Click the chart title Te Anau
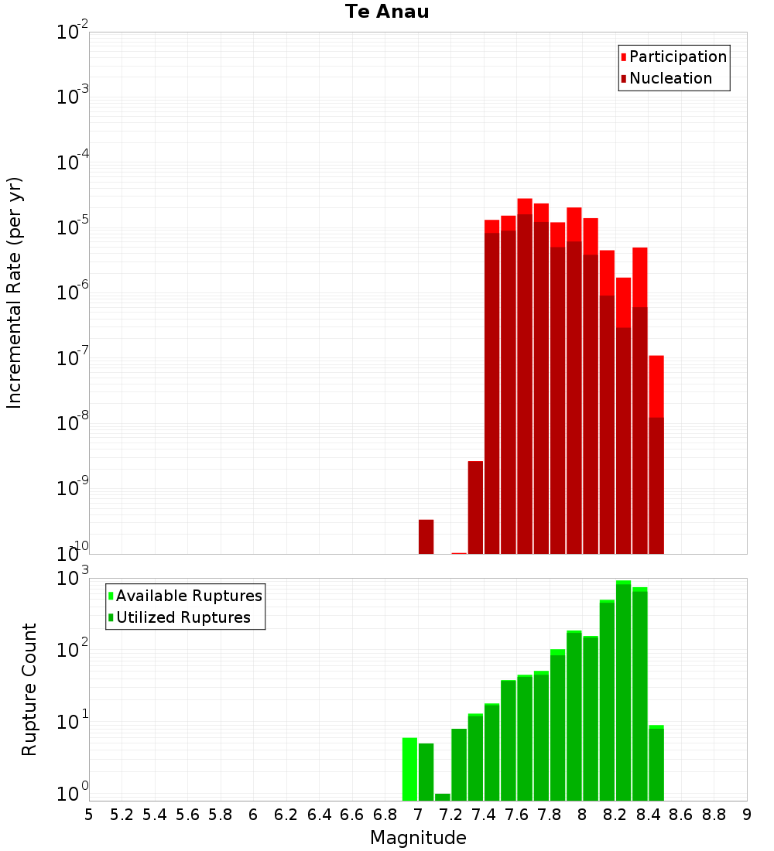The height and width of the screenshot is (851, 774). (387, 12)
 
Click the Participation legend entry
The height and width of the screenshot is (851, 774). (677, 56)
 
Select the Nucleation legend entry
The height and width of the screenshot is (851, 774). (670, 78)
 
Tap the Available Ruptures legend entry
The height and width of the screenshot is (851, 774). (188, 596)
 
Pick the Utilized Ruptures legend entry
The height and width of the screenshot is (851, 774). (183, 617)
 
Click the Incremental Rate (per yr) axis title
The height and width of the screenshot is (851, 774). (15, 292)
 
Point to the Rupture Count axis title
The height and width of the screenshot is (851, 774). (29, 689)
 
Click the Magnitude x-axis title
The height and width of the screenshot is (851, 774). (418, 838)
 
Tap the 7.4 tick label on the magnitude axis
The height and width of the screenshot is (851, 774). (484, 815)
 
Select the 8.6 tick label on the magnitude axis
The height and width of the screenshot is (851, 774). (681, 815)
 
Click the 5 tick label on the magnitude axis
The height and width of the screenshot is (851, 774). (89, 815)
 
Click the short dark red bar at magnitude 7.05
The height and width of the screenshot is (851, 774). (426, 537)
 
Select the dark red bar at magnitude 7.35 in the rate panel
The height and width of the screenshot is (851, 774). (475, 508)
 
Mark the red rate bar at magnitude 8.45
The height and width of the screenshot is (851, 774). (656, 387)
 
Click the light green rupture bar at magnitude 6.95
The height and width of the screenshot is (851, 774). (409, 770)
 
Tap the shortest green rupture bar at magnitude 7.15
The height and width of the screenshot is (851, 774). (443, 797)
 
